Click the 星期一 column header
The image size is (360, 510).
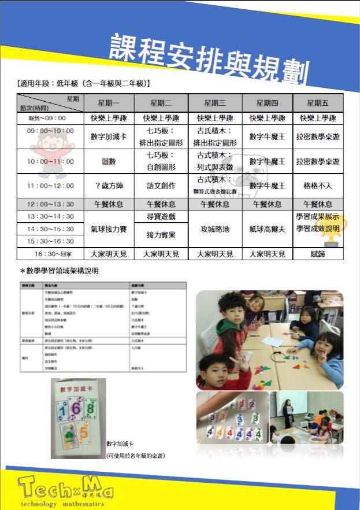coord(109,103)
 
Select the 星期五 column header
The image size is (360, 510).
coord(318,103)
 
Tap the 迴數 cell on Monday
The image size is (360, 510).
coord(109,161)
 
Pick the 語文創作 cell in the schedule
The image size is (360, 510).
coord(160,186)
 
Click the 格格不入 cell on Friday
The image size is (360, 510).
coord(318,186)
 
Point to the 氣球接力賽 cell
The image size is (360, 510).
coord(109,229)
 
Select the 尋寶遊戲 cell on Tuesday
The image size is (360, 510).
coord(160,216)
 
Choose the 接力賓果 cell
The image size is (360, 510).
coord(160,235)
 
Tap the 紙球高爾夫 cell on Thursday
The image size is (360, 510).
coord(267,229)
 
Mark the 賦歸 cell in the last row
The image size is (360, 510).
coord(318,254)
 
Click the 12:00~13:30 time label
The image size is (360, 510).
coord(51,204)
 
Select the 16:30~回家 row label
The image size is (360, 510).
coord(51,254)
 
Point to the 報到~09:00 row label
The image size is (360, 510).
coord(51,118)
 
